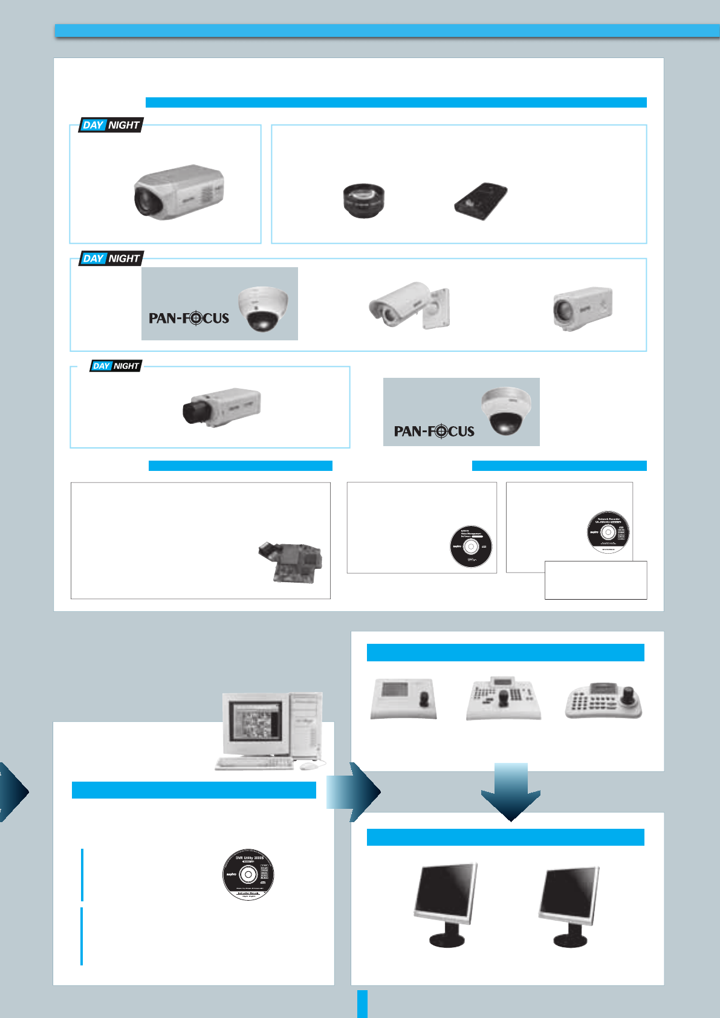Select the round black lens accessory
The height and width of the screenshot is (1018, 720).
(363, 200)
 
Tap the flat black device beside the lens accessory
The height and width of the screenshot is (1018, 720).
(481, 201)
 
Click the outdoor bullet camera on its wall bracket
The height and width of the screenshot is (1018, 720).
(409, 305)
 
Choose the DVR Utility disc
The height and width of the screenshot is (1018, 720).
(248, 874)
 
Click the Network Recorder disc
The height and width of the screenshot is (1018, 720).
(608, 532)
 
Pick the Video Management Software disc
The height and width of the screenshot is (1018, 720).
(471, 546)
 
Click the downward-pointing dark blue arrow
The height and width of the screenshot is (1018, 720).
(511, 792)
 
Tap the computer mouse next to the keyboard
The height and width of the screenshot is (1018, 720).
(308, 765)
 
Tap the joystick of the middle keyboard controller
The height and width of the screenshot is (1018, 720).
(504, 699)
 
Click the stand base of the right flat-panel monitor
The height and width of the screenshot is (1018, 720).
(569, 940)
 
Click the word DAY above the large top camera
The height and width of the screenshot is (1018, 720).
(93, 125)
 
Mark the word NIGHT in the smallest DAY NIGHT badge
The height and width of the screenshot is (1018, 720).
(126, 366)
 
